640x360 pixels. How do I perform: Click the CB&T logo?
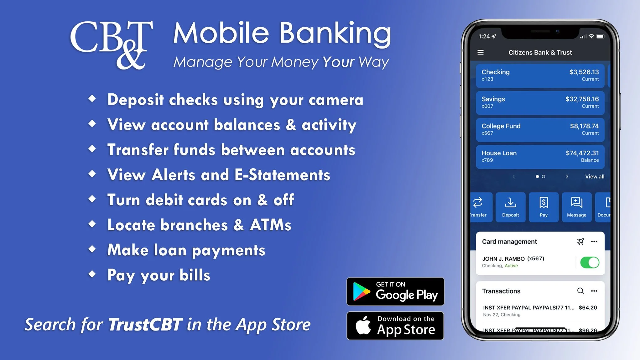(x=111, y=44)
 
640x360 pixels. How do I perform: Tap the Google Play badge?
(x=395, y=291)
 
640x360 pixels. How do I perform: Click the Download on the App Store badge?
(x=395, y=326)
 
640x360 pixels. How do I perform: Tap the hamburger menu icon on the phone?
(x=480, y=53)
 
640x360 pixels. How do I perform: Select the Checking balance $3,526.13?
(x=584, y=72)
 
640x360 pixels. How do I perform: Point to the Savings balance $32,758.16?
(x=582, y=99)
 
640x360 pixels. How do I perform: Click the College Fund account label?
(x=501, y=126)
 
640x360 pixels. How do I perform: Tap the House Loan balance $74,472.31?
(x=582, y=153)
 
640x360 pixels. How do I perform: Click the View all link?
(x=595, y=177)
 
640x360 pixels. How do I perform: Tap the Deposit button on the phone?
(x=510, y=207)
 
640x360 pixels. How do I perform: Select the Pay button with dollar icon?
(x=544, y=207)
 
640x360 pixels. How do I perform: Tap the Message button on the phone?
(x=576, y=207)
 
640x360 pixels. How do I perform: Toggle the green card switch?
(x=589, y=262)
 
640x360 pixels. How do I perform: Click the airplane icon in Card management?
(x=580, y=242)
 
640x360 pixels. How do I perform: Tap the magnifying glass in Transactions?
(x=580, y=291)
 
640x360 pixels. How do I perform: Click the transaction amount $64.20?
(x=588, y=308)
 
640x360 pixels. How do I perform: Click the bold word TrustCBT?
(x=145, y=325)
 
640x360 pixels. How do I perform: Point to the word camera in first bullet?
(x=336, y=100)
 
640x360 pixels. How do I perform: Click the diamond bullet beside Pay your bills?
(x=92, y=274)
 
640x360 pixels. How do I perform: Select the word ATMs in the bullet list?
(x=271, y=225)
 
